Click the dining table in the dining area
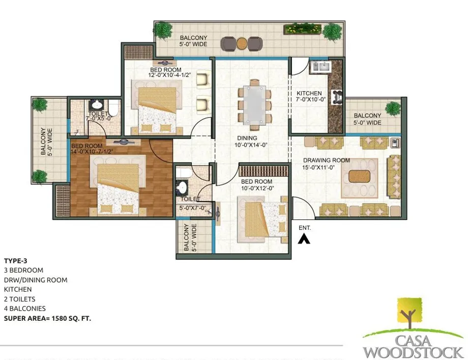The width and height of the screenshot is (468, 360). (x=254, y=105)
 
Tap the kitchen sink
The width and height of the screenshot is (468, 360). (x=319, y=67)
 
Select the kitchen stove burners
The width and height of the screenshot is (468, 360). (x=337, y=97)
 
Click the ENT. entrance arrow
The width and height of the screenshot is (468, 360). (x=304, y=239)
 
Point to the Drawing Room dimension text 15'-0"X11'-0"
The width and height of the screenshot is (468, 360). (x=318, y=168)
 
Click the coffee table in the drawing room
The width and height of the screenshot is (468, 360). (x=359, y=176)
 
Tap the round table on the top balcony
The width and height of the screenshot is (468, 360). (x=242, y=43)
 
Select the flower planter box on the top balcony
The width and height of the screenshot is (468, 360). (x=302, y=29)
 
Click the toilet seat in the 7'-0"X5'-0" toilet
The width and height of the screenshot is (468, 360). (x=113, y=108)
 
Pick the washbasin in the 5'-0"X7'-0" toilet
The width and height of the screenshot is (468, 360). (x=182, y=187)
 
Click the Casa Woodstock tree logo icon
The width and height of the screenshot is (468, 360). (x=410, y=313)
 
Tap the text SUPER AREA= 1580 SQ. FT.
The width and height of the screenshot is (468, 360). (x=47, y=318)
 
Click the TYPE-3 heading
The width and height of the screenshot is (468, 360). (x=16, y=261)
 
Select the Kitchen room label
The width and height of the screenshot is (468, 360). (x=309, y=93)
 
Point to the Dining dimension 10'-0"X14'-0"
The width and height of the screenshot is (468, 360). (x=251, y=145)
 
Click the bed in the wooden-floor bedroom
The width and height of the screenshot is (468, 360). (x=118, y=189)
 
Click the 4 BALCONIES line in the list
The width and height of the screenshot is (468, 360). (x=25, y=309)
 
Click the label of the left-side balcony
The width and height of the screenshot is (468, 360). (x=47, y=142)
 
